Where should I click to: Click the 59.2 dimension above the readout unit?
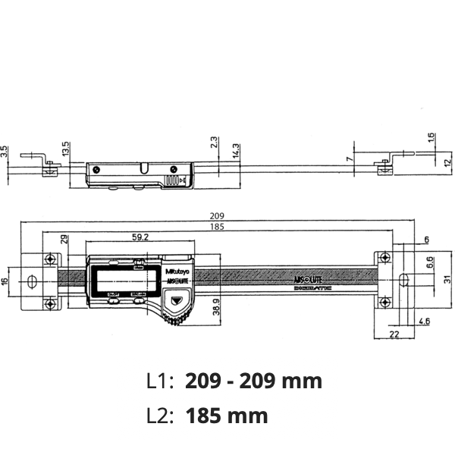click(140, 237)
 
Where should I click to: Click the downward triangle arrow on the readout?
click(176, 302)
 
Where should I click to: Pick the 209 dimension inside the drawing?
click(218, 215)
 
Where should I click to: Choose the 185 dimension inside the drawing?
click(218, 227)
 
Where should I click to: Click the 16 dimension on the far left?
click(6, 281)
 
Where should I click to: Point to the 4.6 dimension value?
click(425, 322)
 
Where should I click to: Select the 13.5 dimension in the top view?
click(65, 147)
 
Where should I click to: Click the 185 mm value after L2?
click(227, 416)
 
